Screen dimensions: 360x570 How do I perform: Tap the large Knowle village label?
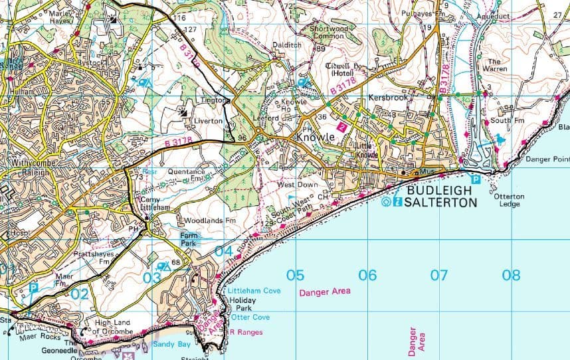(315, 137)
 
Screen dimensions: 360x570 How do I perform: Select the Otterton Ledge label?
(509, 200)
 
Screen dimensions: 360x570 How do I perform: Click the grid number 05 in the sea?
(296, 275)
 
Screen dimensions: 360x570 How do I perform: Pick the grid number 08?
(510, 275)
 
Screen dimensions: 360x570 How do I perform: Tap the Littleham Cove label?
(254, 291)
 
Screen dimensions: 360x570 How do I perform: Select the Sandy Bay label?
(172, 344)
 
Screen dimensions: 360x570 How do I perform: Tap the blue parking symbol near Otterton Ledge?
(476, 179)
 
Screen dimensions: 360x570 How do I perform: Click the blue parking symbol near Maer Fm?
(33, 288)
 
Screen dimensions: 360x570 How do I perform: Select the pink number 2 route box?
(342, 126)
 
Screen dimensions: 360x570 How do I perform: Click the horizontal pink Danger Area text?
(324, 292)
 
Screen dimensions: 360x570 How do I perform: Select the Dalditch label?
(287, 45)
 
